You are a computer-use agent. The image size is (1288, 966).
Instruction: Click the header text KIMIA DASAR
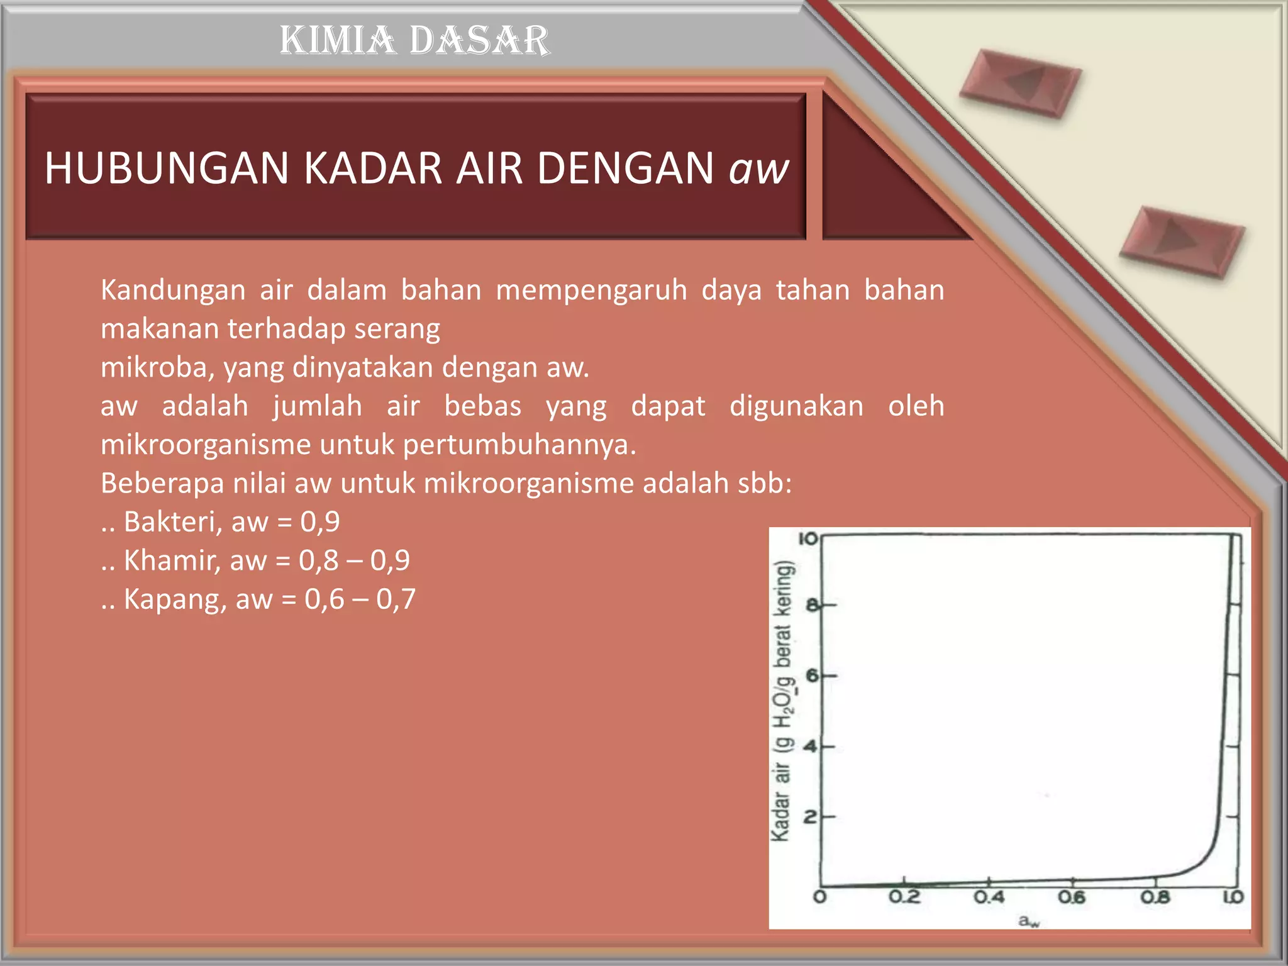click(x=414, y=40)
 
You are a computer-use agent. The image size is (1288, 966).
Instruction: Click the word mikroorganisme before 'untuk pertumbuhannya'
click(x=206, y=445)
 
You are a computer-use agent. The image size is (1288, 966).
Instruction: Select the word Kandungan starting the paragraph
click(x=173, y=291)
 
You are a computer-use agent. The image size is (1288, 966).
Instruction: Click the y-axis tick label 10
click(x=808, y=539)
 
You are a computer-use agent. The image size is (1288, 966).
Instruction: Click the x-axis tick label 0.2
click(x=904, y=897)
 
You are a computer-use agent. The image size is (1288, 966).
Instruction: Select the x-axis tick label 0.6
click(x=1072, y=897)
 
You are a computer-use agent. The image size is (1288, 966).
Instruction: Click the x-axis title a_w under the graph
click(x=1029, y=921)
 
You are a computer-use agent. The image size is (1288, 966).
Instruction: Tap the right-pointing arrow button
click(x=1181, y=241)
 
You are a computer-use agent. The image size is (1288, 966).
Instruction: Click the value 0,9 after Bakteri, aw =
click(x=320, y=522)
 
